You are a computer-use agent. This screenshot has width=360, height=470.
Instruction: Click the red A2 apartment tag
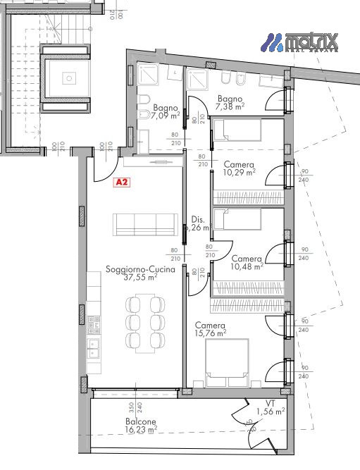tap(122, 183)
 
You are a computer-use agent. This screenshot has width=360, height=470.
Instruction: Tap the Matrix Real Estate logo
tap(301, 43)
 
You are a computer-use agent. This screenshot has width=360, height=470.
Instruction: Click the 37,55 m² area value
tap(139, 278)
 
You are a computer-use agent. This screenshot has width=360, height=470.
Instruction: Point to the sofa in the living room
tap(146, 225)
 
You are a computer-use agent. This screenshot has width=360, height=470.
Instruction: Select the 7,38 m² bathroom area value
tap(230, 107)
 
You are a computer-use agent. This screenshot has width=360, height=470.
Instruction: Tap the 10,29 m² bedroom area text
tap(238, 171)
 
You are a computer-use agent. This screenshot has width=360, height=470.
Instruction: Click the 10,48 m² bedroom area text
tap(247, 266)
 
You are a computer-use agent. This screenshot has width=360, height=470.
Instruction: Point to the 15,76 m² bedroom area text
tap(211, 333)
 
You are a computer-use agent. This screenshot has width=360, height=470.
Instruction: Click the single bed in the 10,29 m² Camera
tap(237, 130)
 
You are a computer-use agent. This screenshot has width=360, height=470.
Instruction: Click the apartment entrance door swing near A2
tap(104, 167)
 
